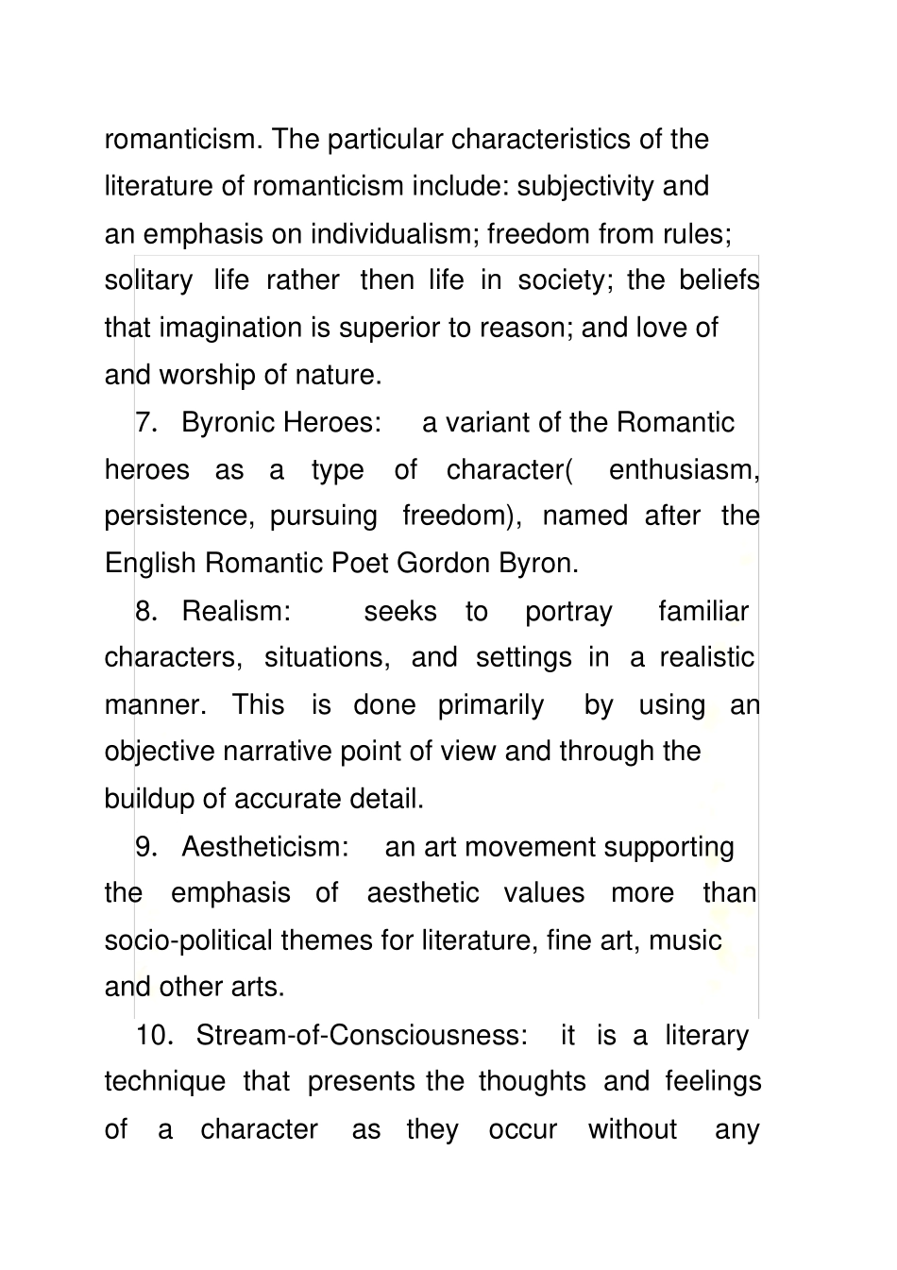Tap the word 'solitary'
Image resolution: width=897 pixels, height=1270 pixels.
point(148,280)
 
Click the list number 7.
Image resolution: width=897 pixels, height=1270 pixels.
point(145,422)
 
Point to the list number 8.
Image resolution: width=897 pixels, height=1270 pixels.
point(145,611)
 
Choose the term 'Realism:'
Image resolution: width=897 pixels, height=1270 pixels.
point(236,611)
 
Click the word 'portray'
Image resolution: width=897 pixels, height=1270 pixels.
point(568,611)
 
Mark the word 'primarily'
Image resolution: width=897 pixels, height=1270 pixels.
point(491,704)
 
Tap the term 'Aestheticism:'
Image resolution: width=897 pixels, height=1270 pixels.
point(265,846)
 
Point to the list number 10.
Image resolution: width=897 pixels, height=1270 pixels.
point(154,1035)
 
